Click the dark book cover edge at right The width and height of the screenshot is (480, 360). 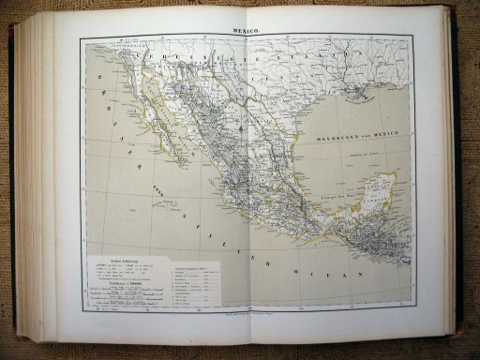click(x=459, y=178)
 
